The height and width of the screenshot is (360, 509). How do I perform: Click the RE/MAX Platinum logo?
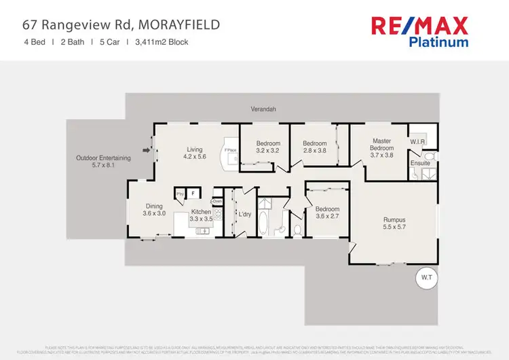pos(419,32)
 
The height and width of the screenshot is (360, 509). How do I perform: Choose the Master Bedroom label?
pos(381,145)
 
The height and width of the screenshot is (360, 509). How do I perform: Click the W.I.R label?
pos(417,142)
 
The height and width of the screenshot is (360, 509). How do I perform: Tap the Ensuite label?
pos(419,163)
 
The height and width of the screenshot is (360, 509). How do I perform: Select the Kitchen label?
pos(200,213)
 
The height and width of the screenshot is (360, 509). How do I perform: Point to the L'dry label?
pos(244,215)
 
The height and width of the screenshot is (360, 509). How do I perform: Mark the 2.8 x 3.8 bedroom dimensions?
pos(315,151)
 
